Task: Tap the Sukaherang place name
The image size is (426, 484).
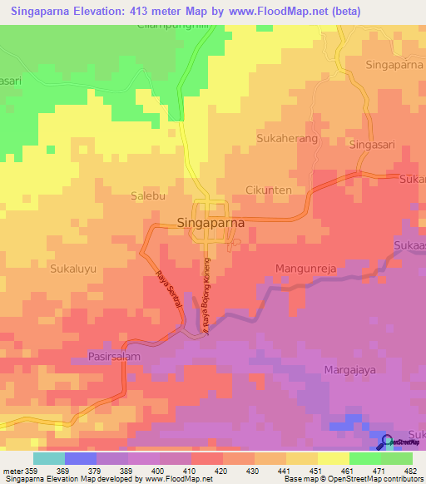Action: tap(288, 139)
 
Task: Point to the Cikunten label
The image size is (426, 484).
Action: tap(269, 190)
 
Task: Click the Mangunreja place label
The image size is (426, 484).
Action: tap(305, 269)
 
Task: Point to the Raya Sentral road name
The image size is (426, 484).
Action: tap(169, 294)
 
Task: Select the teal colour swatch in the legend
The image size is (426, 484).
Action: tap(48, 458)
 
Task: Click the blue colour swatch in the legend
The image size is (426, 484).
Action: tap(80, 458)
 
